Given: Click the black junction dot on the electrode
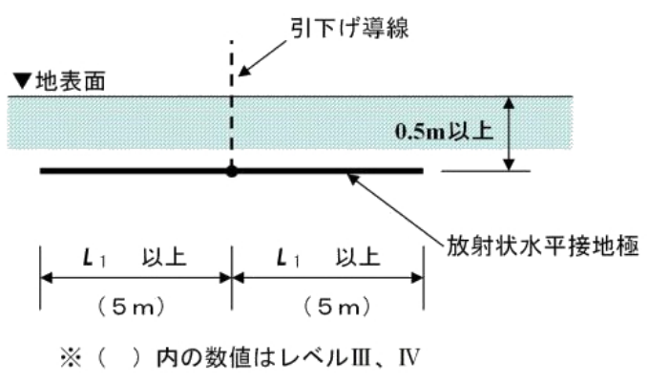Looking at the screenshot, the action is point(230,172).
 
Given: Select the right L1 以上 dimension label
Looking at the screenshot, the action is point(327,257).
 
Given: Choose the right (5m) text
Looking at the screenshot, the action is point(327,308).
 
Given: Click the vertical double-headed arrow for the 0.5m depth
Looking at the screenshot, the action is point(511,134).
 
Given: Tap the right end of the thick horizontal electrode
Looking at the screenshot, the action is point(420,172).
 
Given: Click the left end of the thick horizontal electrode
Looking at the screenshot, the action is point(43,172).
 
